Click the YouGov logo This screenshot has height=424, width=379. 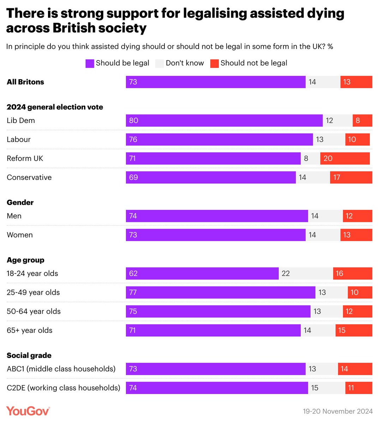(28, 411)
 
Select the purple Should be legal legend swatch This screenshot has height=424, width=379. (90, 63)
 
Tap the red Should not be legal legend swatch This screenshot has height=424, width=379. (214, 63)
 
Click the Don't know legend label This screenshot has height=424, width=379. (185, 63)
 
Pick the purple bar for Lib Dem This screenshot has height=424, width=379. (224, 120)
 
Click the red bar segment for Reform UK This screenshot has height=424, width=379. (345, 158)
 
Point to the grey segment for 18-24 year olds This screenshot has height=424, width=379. (306, 273)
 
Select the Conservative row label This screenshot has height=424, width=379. (29, 177)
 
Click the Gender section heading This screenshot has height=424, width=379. (20, 202)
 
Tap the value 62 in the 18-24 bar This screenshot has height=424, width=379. (133, 273)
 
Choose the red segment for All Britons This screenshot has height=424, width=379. (356, 82)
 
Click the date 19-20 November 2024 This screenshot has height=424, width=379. (338, 411)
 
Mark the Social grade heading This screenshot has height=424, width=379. (29, 355)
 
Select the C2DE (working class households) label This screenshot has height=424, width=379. (63, 388)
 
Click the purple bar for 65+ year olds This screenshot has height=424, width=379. (213, 330)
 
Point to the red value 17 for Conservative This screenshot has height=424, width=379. (337, 177)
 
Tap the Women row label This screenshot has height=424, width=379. (20, 235)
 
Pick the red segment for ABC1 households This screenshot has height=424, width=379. (355, 369)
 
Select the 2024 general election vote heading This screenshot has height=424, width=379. (55, 107)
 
